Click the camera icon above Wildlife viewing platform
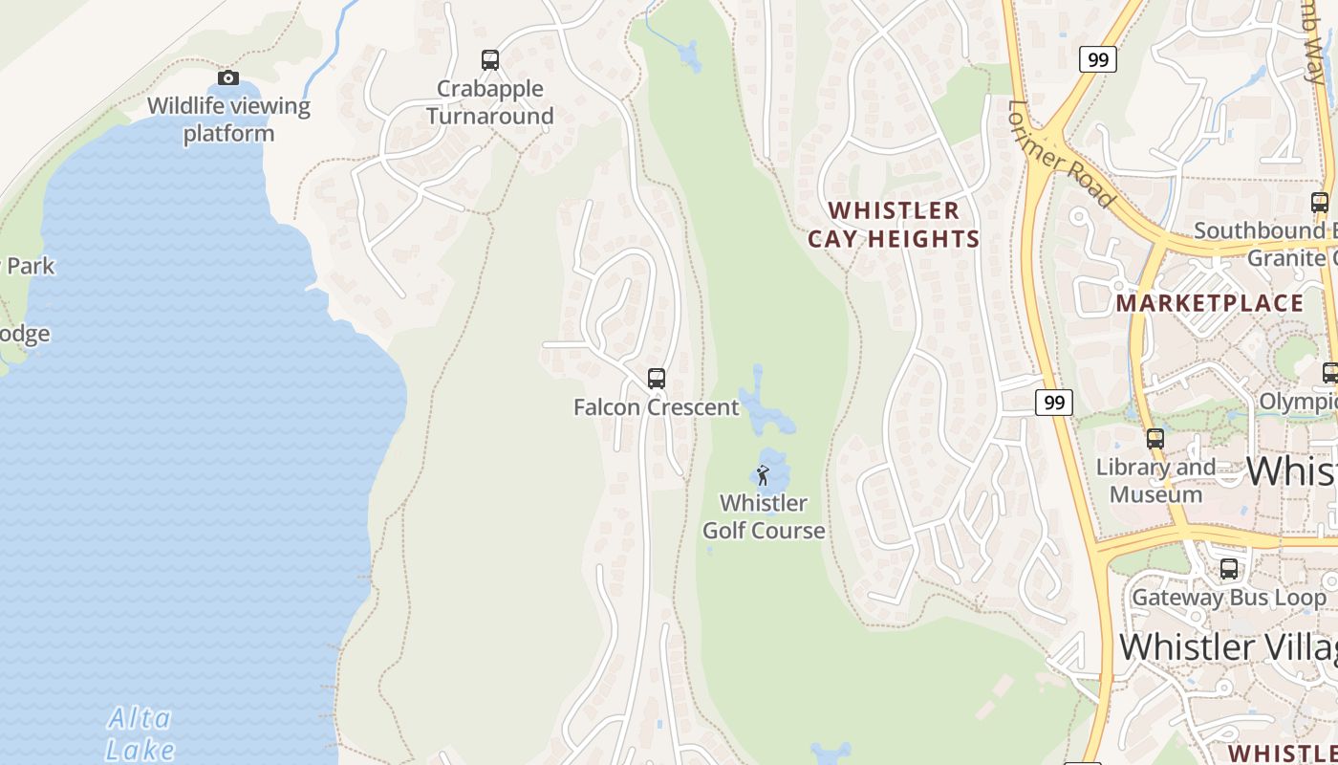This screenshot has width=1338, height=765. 227,77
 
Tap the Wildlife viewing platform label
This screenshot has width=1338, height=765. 228,120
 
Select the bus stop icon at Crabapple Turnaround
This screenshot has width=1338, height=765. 490,60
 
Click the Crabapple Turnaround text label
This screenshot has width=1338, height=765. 490,102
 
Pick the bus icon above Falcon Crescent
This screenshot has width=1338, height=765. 657,379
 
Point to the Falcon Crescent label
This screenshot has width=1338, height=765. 657,407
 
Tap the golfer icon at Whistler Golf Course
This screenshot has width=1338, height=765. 763,474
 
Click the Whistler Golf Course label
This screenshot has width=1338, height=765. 764,516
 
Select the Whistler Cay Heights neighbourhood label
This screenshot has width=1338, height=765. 894,225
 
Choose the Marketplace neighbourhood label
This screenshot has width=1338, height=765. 1210,303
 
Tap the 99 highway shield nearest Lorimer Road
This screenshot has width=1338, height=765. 1098,59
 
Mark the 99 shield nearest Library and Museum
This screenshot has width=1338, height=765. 1054,403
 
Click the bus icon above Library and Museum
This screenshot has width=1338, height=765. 1155,439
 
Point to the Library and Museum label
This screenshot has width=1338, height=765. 1155,481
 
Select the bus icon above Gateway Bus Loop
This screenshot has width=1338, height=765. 1229,569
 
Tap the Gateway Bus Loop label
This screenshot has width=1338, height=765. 1229,598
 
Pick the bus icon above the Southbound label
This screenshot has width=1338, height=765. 1320,203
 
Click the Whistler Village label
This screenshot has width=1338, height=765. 1228,647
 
